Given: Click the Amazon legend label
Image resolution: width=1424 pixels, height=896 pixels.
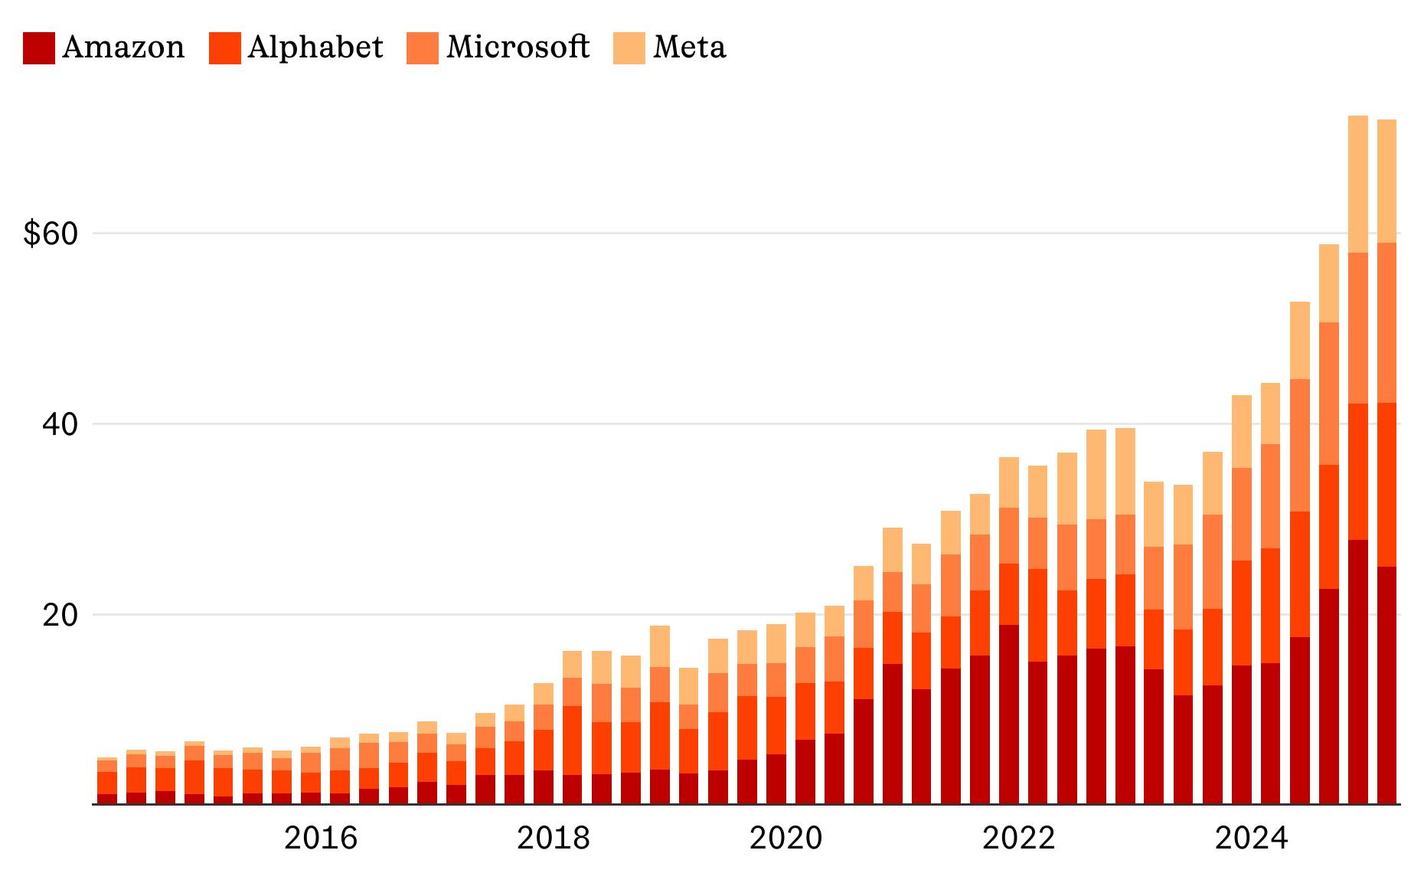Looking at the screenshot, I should click(x=122, y=47).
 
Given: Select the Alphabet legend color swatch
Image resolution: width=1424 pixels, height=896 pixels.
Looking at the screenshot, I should click(x=224, y=47).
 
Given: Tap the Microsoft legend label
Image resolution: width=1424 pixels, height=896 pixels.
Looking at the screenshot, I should click(x=518, y=47).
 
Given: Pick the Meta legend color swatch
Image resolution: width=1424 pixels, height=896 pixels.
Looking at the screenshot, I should click(x=629, y=47).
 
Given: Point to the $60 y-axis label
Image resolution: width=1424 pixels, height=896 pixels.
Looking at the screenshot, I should click(x=51, y=234).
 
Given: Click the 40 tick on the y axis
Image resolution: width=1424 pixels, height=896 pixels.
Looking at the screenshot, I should click(x=60, y=424).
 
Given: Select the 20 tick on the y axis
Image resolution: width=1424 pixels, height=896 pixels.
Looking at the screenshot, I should click(x=60, y=615).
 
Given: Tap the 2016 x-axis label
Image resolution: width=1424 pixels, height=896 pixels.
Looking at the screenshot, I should click(x=320, y=839).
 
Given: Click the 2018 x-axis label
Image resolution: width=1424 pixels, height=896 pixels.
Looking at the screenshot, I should click(x=553, y=839).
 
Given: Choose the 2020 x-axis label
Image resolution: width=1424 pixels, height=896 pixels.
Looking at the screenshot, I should click(x=785, y=839).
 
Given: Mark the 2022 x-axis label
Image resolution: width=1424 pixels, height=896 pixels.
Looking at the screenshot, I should click(x=1018, y=839).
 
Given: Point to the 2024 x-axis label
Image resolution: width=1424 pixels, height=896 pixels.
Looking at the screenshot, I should click(x=1251, y=839).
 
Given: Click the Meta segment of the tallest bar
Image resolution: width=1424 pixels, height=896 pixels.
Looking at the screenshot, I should click(x=1357, y=184).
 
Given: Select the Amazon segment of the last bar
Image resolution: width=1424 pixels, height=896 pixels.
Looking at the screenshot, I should click(x=1386, y=685).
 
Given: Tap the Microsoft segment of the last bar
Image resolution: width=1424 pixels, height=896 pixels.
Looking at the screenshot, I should click(x=1386, y=322).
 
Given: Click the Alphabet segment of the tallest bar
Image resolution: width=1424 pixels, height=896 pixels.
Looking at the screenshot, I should click(x=1357, y=472).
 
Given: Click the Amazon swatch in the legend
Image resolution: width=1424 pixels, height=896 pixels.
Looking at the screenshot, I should click(x=38, y=47).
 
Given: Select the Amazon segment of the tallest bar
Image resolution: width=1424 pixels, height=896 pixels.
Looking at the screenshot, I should click(x=1357, y=672).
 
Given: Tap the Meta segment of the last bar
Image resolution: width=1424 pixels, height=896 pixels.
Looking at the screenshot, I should click(x=1386, y=181).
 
